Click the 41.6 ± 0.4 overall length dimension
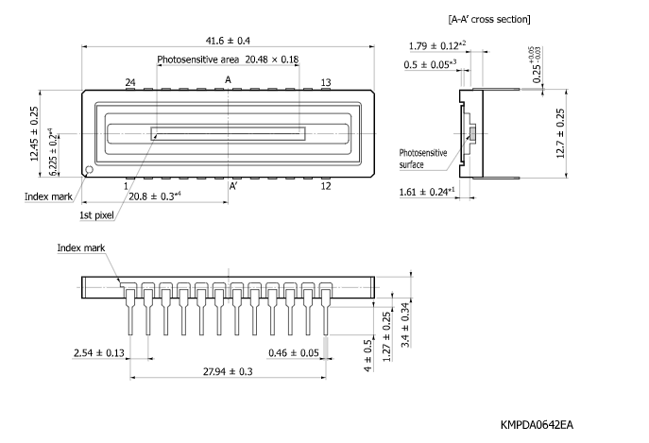coord(228,40)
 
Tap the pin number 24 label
coord(130,83)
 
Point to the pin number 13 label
coord(325,83)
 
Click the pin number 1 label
coord(126,186)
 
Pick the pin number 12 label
coord(325,186)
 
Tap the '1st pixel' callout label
coord(98,215)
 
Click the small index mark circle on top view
coord(88,171)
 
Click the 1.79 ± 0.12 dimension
coord(437,45)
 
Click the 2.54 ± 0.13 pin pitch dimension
coord(99,352)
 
